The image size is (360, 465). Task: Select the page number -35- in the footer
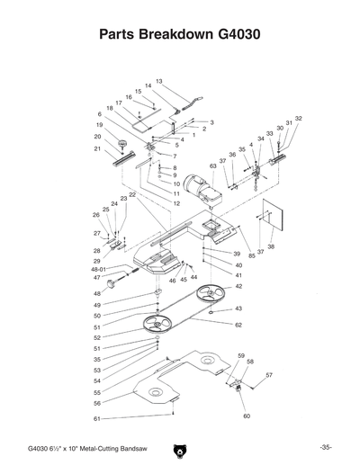326,447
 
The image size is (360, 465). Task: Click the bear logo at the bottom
180,447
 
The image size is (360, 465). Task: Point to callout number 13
158,82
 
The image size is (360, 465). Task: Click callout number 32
298,119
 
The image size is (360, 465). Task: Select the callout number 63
213,166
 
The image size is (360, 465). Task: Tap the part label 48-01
99,269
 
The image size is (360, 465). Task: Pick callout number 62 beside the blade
238,324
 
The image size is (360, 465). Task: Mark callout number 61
96,419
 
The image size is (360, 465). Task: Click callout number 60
246,416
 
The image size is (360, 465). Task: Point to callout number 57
268,374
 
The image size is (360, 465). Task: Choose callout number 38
271,246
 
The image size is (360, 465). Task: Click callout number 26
96,215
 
